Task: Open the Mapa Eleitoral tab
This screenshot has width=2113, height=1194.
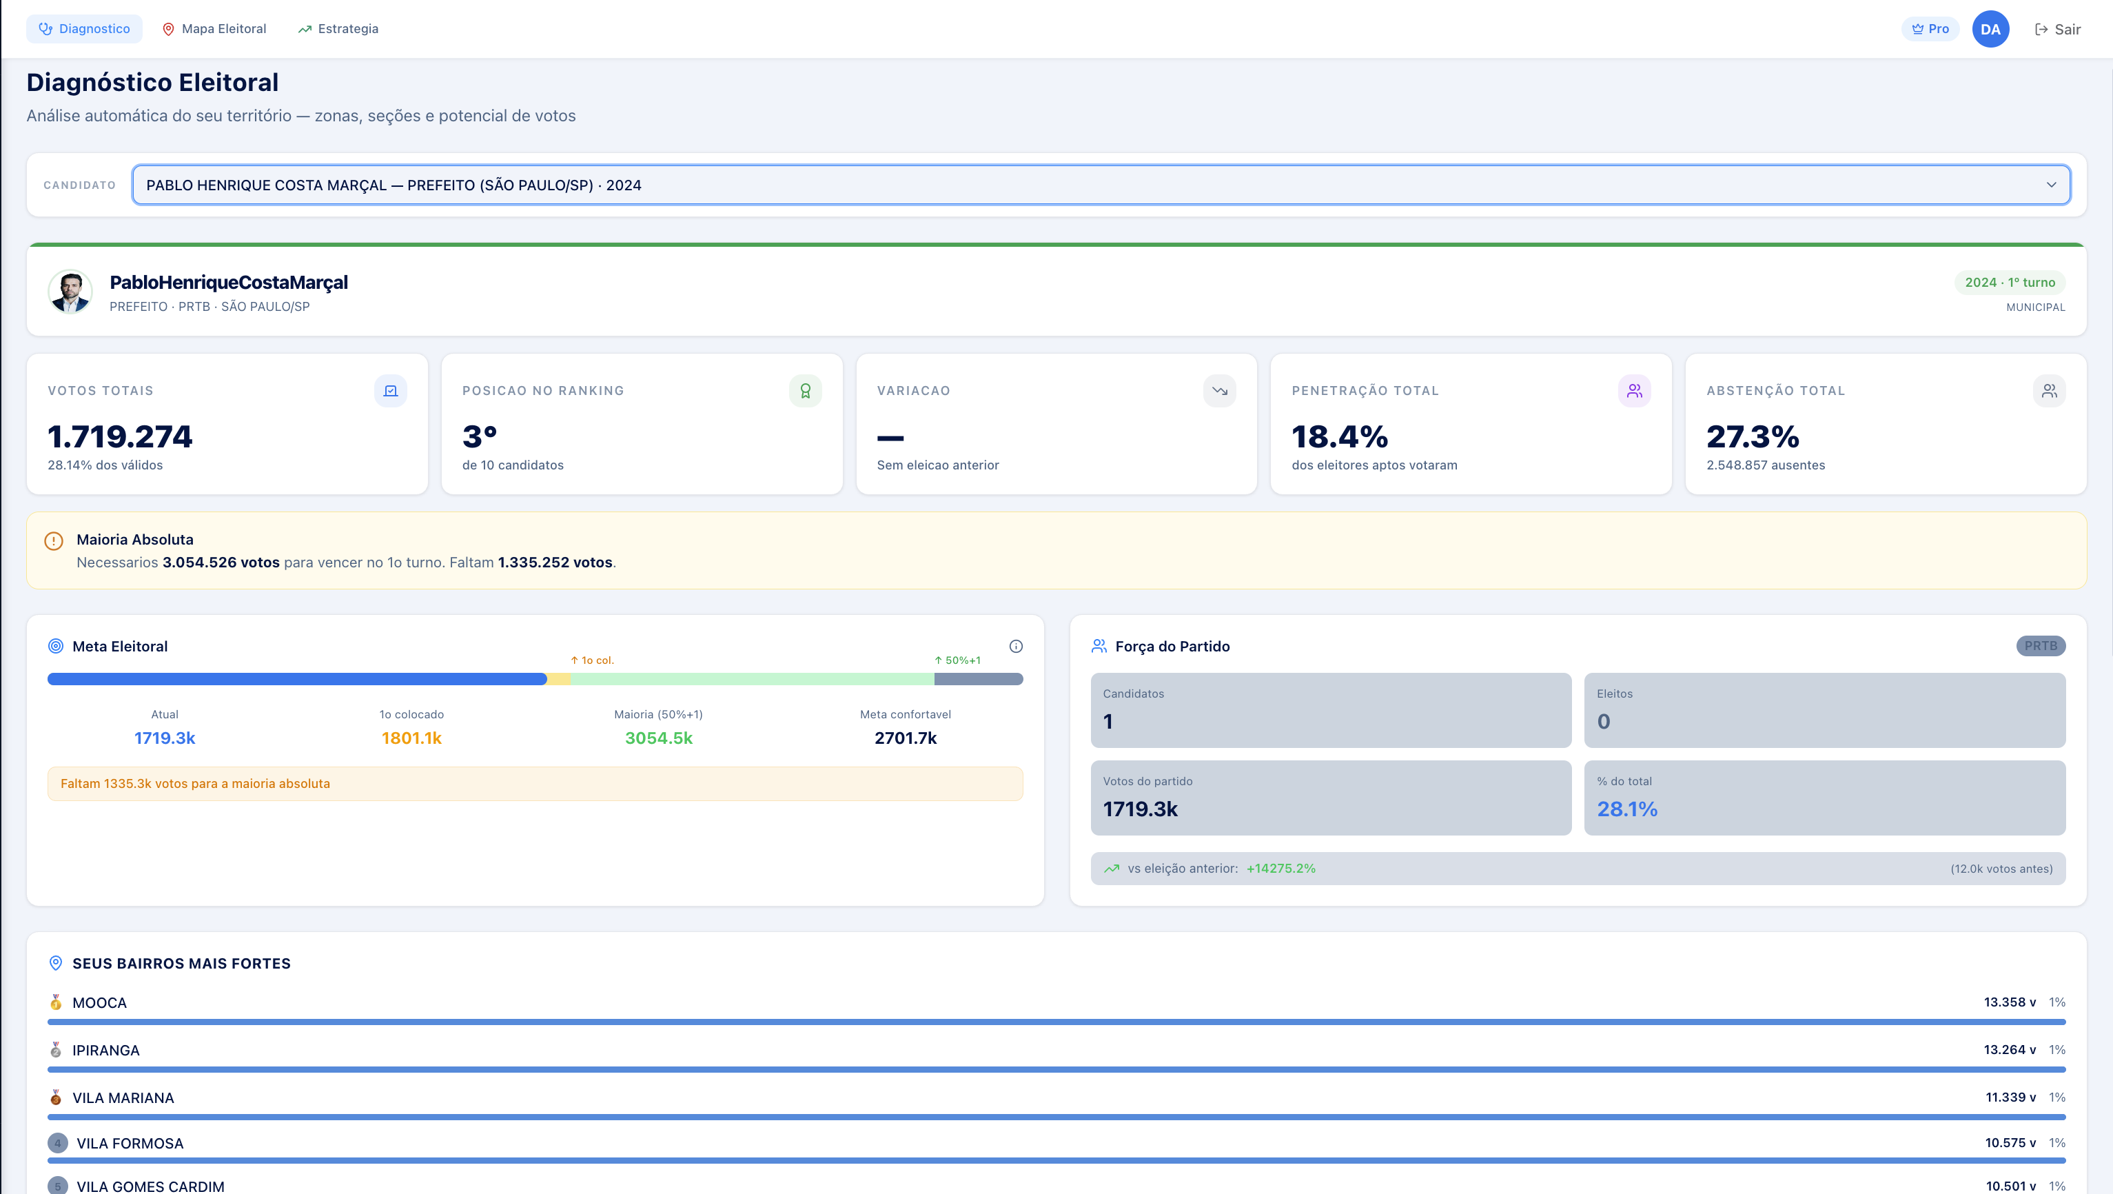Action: [x=214, y=29]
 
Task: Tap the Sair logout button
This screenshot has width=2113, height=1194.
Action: [x=2057, y=30]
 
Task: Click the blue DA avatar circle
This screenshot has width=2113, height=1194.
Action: [x=1990, y=30]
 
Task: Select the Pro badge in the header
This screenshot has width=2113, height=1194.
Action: [x=1930, y=29]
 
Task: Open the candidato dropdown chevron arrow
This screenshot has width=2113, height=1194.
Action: [x=2051, y=185]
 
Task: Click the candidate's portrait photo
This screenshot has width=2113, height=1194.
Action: [x=70, y=292]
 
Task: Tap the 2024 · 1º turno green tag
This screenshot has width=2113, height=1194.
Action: [x=2009, y=282]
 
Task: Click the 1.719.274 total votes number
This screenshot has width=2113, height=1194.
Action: [x=120, y=436]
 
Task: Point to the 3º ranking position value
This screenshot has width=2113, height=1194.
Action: [x=480, y=436]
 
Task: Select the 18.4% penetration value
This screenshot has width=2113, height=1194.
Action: [x=1340, y=436]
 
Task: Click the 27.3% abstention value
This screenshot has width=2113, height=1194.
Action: [x=1752, y=436]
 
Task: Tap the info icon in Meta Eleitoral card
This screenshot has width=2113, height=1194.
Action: [x=1015, y=647]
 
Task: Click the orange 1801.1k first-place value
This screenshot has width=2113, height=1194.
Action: [x=411, y=738]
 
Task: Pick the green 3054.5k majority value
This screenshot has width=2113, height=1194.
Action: [x=658, y=738]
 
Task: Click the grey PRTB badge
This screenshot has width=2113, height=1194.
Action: [x=2040, y=646]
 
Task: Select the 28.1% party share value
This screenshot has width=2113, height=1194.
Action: [x=1626, y=809]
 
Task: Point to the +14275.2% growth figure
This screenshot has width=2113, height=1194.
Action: [x=1280, y=868]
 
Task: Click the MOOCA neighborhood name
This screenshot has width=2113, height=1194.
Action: [x=99, y=1003]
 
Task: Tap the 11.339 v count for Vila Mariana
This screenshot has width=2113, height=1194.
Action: [x=2010, y=1097]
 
